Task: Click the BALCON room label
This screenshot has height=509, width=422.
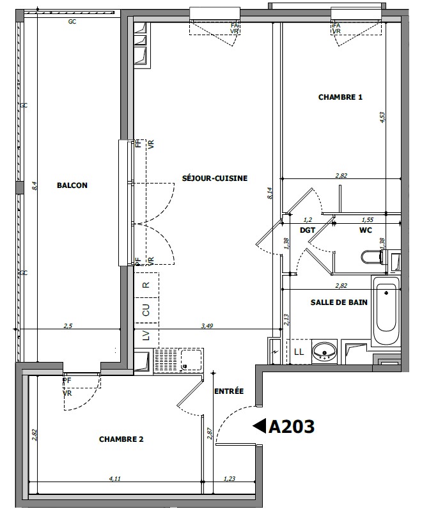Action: tap(72, 185)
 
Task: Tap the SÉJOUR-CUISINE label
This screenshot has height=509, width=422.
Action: tap(215, 178)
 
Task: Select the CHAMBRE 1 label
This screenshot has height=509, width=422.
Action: tap(340, 97)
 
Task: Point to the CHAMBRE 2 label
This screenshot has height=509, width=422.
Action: tap(121, 439)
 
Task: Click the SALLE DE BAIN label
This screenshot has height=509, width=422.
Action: tap(339, 302)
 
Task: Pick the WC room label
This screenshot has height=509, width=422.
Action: tap(366, 230)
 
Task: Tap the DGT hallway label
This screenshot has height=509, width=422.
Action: tap(308, 230)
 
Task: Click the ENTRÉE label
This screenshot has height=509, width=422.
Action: tap(229, 391)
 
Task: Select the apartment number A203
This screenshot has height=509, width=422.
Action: tap(292, 427)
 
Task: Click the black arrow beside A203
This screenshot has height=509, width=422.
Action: tap(260, 426)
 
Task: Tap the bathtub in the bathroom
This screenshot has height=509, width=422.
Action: tap(386, 311)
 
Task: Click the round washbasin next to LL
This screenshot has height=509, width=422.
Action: tap(325, 352)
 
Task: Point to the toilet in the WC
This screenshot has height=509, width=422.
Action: tap(371, 257)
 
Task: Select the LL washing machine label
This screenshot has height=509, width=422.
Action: tap(299, 352)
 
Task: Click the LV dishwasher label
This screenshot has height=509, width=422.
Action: tap(146, 335)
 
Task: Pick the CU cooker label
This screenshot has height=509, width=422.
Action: tap(146, 310)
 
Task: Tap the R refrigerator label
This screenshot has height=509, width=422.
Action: tap(146, 285)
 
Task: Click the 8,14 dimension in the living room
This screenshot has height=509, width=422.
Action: tap(270, 193)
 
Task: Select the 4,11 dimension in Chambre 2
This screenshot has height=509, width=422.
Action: tap(115, 478)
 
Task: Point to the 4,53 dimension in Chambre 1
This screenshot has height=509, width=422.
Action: tap(382, 118)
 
